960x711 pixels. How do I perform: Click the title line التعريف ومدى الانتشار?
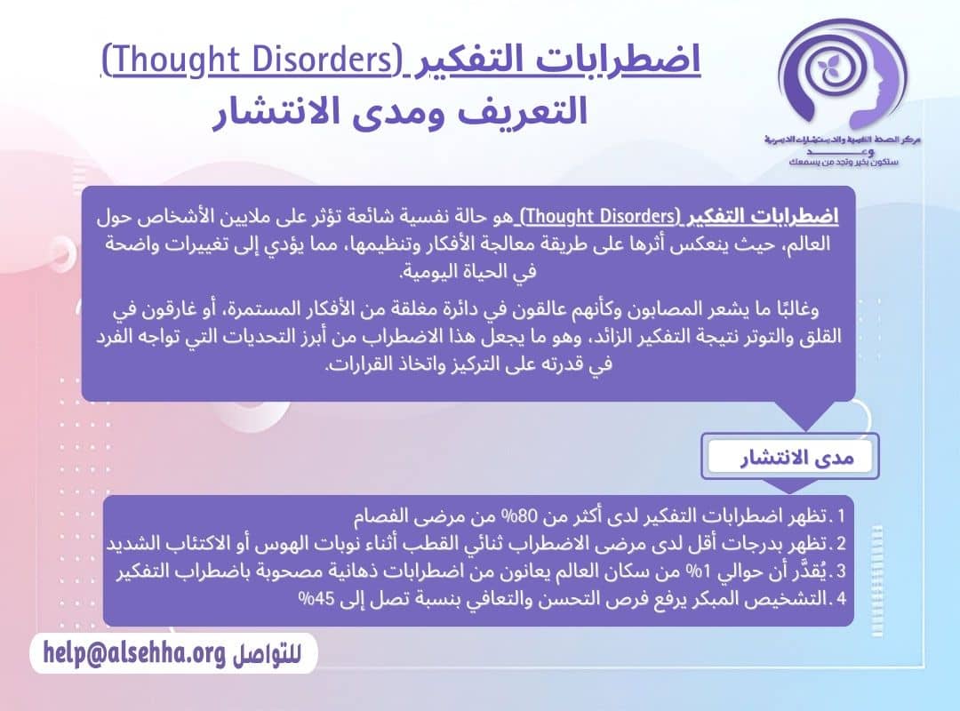[x=400, y=114]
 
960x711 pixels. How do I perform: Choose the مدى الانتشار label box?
[x=790, y=457]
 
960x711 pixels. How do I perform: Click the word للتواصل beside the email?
[x=267, y=655]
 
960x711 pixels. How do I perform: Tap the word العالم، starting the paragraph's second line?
[x=804, y=244]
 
